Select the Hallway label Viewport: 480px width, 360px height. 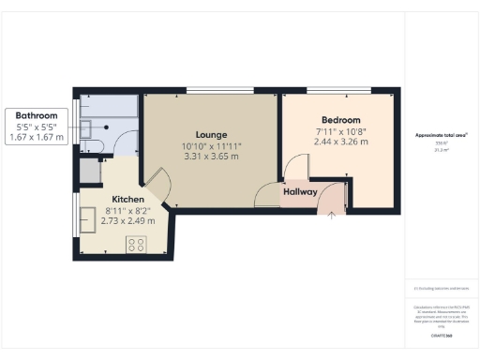pos(300,193)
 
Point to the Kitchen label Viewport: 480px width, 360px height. pos(127,200)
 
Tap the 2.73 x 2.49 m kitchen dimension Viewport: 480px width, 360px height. pos(127,223)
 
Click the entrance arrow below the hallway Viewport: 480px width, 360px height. pos(330,217)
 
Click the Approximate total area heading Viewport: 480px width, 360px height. pos(441,136)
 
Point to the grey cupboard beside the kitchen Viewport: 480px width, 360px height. pos(90,171)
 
